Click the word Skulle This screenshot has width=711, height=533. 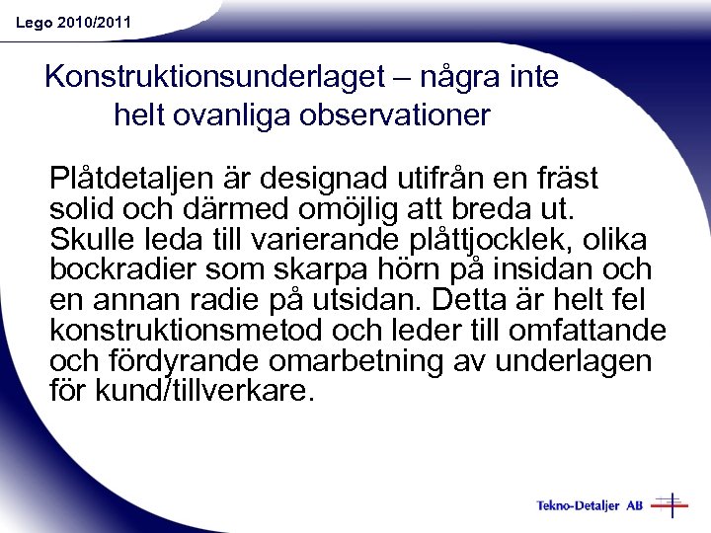(93, 240)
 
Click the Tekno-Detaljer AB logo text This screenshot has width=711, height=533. (590, 506)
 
